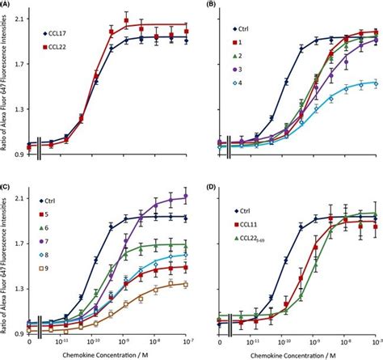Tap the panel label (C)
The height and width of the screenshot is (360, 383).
tap(7, 185)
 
